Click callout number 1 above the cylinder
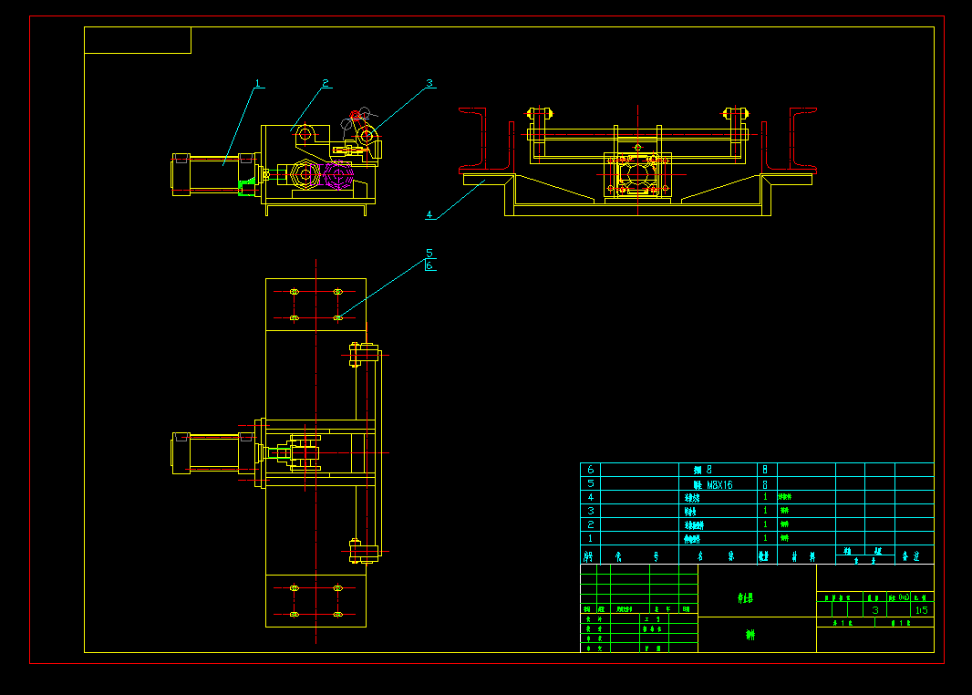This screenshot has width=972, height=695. click(x=258, y=84)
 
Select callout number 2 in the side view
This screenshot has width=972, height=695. click(x=325, y=84)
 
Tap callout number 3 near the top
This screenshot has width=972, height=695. click(x=429, y=83)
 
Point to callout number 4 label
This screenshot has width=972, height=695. click(x=429, y=215)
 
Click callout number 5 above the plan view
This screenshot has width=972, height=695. click(x=429, y=253)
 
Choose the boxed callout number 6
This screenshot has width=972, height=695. click(x=429, y=265)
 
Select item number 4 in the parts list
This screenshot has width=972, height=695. click(x=590, y=498)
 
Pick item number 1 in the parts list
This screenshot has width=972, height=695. click(x=590, y=539)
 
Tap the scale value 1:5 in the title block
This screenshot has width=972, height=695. click(x=921, y=609)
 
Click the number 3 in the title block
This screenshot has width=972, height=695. click(x=875, y=609)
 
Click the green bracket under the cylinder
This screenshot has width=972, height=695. click(x=245, y=188)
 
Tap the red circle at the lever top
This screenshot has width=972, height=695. click(x=355, y=115)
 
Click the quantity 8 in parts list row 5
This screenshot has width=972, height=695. click(x=764, y=484)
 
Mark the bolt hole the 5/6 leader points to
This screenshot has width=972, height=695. click(x=338, y=317)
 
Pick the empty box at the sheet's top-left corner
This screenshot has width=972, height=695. click(x=138, y=40)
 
